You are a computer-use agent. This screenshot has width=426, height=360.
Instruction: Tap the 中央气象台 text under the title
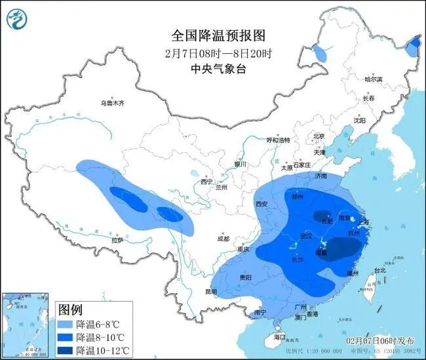tap(212, 68)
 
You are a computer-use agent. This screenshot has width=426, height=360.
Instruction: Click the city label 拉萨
tap(117, 241)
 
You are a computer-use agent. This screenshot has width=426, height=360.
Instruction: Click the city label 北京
tap(319, 136)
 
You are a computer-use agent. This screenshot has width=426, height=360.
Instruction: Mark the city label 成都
tap(223, 239)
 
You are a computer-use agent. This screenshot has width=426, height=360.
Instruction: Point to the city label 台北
tap(379, 270)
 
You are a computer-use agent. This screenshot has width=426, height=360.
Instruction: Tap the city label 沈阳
tap(360, 120)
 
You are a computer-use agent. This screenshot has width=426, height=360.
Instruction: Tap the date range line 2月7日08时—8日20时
tap(212, 52)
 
